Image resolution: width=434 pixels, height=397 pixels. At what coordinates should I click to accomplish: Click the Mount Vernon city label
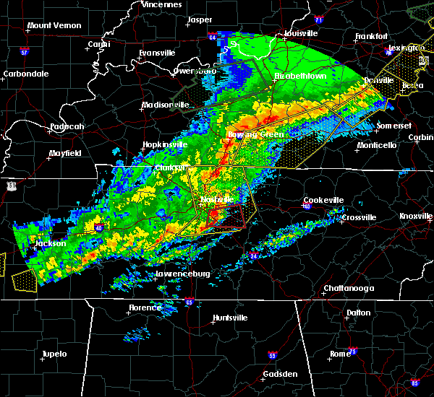pos(52,26)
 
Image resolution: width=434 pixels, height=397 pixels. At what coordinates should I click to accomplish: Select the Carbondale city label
pos(26,74)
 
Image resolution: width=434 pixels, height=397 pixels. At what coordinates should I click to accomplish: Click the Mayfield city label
pos(65,153)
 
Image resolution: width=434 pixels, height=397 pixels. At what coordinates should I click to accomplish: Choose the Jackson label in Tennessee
pos(51,243)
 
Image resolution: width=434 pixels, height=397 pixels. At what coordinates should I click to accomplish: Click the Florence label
pos(145,308)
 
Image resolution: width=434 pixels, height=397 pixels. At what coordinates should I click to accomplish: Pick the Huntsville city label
pos(230,318)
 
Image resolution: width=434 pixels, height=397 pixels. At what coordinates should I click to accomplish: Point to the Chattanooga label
pos(349,289)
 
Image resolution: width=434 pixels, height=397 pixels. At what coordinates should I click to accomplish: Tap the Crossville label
pos(359,217)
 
